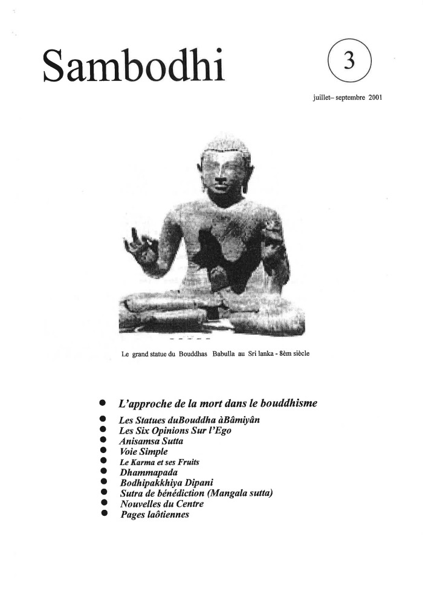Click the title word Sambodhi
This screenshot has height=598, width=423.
tap(133, 66)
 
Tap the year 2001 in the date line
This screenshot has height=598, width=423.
tap(373, 97)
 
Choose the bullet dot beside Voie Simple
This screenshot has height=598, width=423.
tap(103, 451)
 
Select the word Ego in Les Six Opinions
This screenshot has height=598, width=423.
tap(222, 430)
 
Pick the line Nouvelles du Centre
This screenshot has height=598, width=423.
tap(161, 504)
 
